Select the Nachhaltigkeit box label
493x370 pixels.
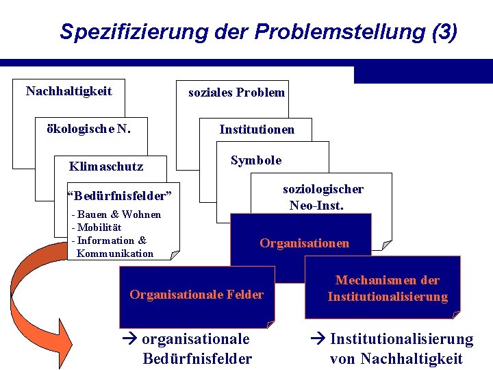coord(68,91)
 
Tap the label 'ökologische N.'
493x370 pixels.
coord(88,128)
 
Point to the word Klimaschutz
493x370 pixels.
coord(106,166)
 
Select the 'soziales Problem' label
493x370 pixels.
coord(236,92)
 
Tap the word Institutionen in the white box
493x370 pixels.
coord(257,129)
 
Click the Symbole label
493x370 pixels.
coord(256,160)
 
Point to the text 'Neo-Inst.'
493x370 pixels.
coord(316,205)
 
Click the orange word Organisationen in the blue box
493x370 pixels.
coord(304,243)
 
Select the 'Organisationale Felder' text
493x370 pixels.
coord(197,295)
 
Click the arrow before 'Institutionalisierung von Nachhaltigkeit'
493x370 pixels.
coord(319,339)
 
